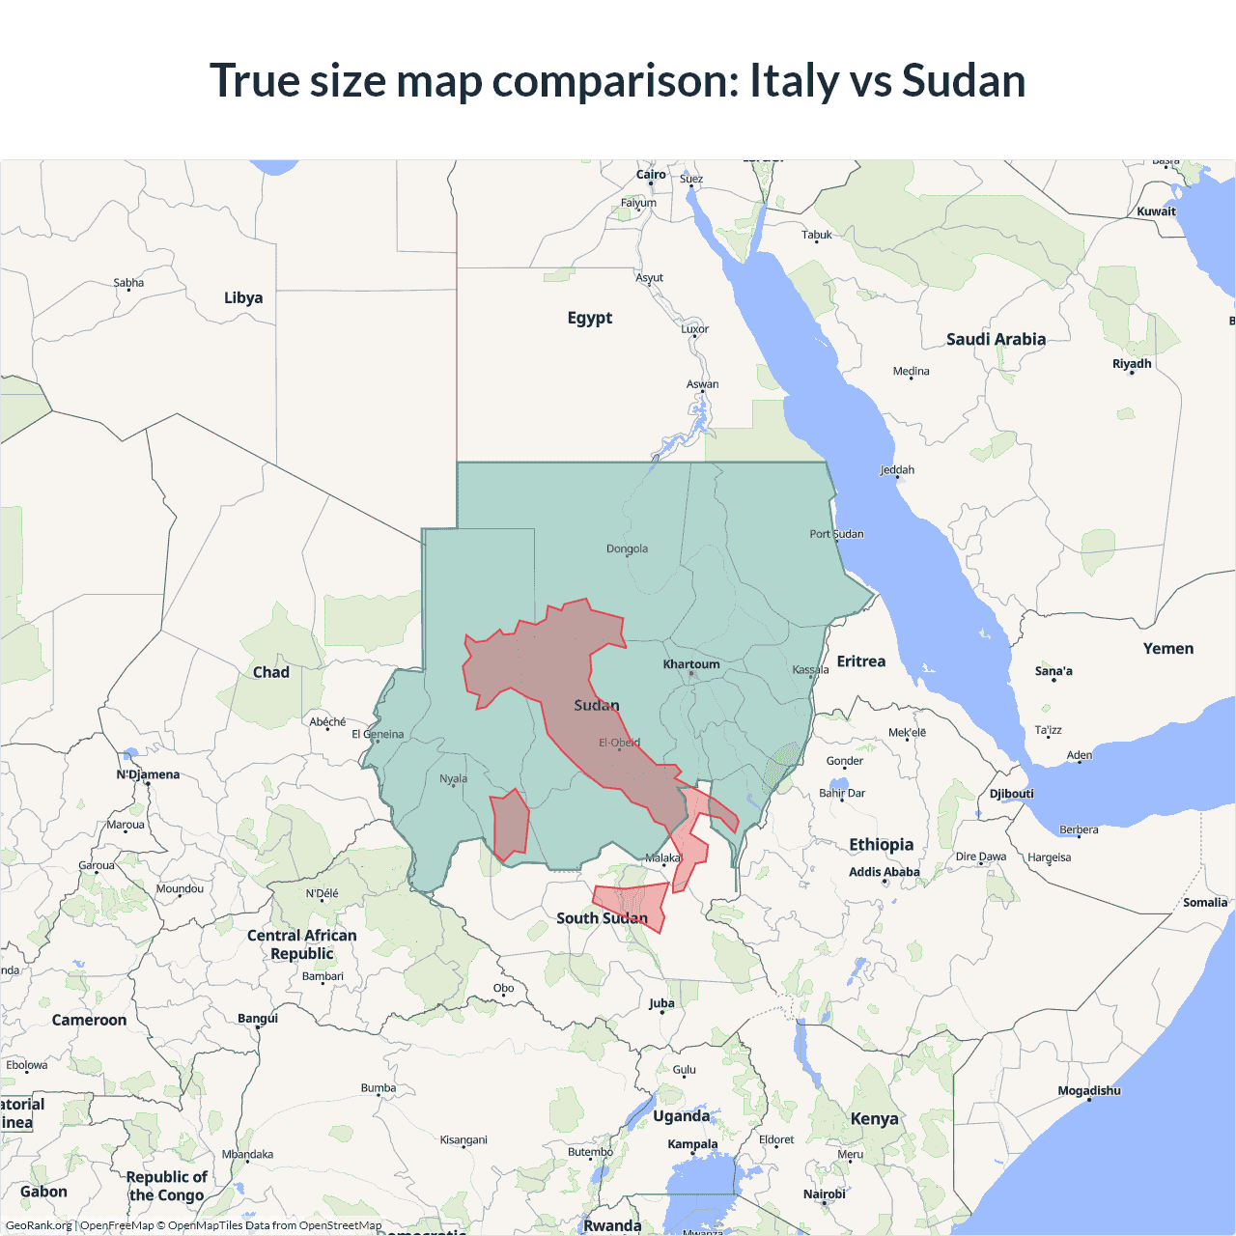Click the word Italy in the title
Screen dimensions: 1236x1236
[794, 80]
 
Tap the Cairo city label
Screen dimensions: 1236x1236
[651, 175]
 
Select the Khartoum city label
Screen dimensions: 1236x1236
[691, 664]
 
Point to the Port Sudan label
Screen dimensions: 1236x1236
[836, 534]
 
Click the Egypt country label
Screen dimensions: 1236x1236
[590, 318]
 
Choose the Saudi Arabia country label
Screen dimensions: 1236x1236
[996, 339]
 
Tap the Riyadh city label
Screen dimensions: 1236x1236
[1132, 364]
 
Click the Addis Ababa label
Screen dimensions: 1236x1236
[885, 872]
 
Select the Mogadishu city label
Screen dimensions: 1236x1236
[1089, 1091]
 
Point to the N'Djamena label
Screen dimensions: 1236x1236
[148, 774]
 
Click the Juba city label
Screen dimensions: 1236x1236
[661, 1003]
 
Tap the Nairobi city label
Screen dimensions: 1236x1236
[825, 1194]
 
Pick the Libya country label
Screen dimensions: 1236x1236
[243, 297]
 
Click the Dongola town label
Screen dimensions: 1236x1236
[627, 548]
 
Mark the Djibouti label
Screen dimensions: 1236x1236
[1012, 794]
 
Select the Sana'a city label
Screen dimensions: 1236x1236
[1053, 671]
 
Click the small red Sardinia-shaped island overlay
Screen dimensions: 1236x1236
[509, 823]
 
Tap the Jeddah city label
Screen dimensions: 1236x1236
[897, 470]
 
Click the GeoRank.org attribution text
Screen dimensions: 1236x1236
[39, 1225]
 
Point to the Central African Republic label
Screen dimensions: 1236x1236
[302, 944]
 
